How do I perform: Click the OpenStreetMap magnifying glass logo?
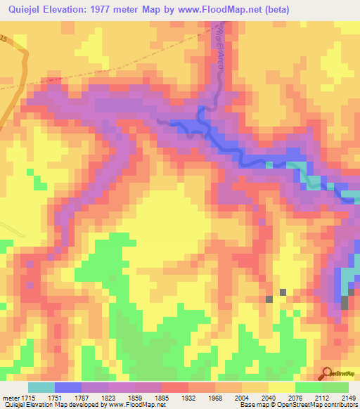pyautogui.click(x=327, y=374)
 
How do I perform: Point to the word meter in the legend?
pyautogui.click(x=12, y=396)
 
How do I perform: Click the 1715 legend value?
pyautogui.click(x=29, y=396)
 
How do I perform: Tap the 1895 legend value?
pyautogui.click(x=162, y=396)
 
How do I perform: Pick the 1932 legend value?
pyautogui.click(x=188, y=396)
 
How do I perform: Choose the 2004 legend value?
pyautogui.click(x=242, y=396)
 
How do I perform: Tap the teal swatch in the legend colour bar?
pyautogui.click(x=41, y=387)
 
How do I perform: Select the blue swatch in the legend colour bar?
pyautogui.click(x=68, y=387)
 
